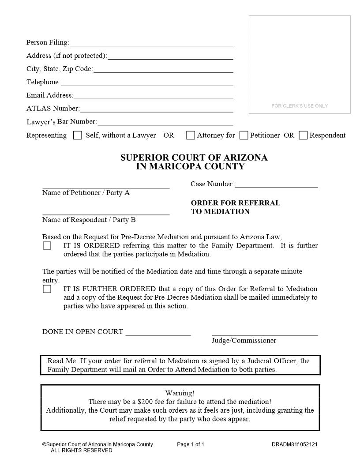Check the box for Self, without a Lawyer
tap(78, 135)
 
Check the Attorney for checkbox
tap(191, 135)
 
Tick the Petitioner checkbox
tap(244, 135)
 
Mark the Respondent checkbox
tap(303, 135)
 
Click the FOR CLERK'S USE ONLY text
tap(300, 106)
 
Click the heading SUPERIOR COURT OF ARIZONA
tap(194, 158)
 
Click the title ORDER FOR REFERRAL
tap(236, 203)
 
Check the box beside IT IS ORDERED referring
tap(47, 246)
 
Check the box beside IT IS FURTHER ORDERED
tap(47, 289)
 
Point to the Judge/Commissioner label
tap(244, 340)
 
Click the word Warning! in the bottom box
tap(180, 393)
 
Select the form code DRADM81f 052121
tap(294, 444)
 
